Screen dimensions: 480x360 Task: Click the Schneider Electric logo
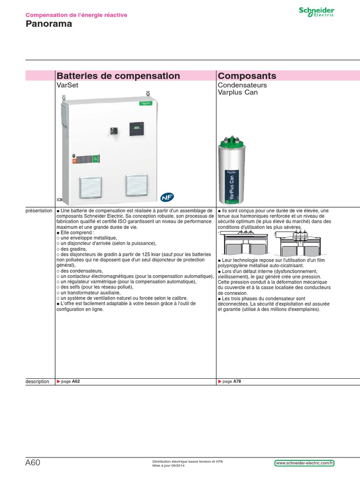[317, 12]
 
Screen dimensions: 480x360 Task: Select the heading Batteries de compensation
[118, 76]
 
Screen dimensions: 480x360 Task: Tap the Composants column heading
[247, 76]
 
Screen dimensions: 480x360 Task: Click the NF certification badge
[166, 197]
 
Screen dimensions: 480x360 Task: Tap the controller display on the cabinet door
[136, 128]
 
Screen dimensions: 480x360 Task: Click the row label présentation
[39, 211]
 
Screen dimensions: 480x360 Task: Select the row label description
[37, 382]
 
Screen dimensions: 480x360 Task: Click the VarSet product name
[66, 86]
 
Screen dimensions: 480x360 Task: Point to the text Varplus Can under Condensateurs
[238, 92]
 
